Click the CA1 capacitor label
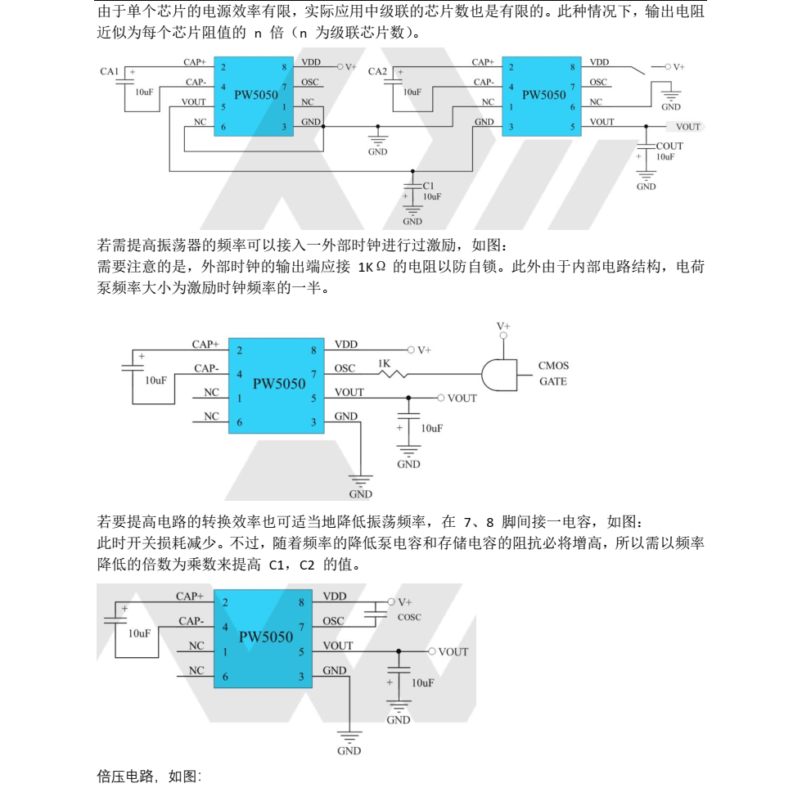tap(110, 71)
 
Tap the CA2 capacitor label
tap(377, 72)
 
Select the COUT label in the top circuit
tap(669, 146)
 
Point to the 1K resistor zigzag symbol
tap(390, 375)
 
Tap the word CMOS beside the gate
tap(553, 366)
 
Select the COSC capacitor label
tap(409, 617)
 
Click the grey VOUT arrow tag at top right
tap(685, 127)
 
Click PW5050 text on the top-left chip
tap(255, 95)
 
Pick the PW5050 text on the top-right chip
tap(543, 94)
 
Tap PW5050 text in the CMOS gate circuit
tap(280, 382)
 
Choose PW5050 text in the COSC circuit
tap(266, 637)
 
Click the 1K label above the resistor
tap(385, 362)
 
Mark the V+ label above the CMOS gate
tap(503, 326)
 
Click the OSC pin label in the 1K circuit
tap(345, 369)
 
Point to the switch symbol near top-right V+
tap(636, 71)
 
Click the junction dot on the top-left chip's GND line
tap(323, 126)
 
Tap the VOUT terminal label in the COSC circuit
tap(453, 652)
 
